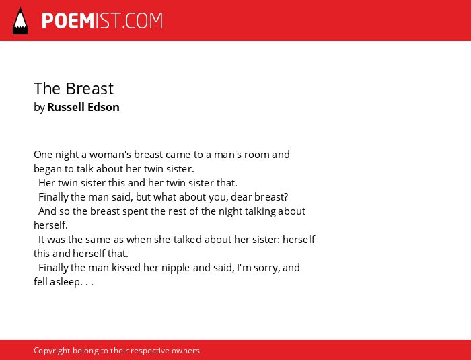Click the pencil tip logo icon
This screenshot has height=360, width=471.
20,21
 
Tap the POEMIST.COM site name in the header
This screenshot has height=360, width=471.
102,21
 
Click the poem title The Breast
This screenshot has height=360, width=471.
73,88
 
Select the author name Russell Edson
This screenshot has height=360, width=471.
83,107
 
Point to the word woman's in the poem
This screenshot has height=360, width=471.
110,155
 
